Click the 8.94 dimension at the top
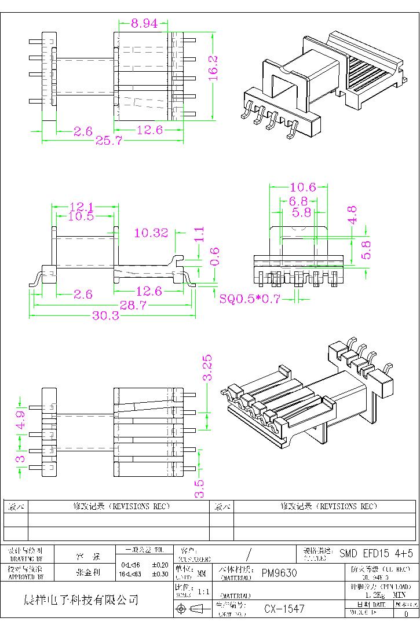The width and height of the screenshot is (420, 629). click(x=143, y=24)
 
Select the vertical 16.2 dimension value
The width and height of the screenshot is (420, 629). click(x=213, y=68)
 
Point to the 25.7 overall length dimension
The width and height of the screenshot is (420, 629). click(x=109, y=141)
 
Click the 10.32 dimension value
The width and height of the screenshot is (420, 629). click(x=151, y=233)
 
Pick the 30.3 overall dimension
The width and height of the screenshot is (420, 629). click(x=105, y=316)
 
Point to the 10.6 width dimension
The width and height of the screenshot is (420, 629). click(x=302, y=187)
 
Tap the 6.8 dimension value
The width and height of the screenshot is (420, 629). click(x=298, y=201)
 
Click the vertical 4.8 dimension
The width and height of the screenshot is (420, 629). click(x=352, y=214)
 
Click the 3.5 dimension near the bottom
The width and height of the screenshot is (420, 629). click(x=199, y=488)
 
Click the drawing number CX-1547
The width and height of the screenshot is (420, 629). click(x=284, y=609)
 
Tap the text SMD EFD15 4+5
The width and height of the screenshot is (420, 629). click(x=376, y=553)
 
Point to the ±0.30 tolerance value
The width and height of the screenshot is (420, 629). click(x=160, y=575)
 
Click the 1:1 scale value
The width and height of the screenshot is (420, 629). click(x=204, y=592)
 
